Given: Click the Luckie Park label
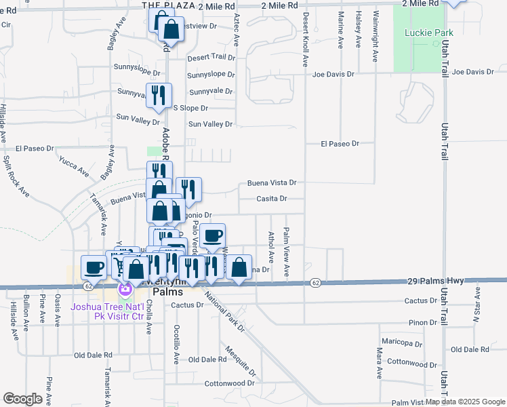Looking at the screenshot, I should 424,33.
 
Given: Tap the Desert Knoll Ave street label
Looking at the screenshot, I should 306,39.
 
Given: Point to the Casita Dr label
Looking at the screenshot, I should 272,199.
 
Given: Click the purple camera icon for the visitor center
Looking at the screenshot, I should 125,290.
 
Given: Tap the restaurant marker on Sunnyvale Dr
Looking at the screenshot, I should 159,95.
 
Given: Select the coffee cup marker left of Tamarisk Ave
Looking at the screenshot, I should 94,267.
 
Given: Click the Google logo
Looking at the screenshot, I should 22,399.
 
